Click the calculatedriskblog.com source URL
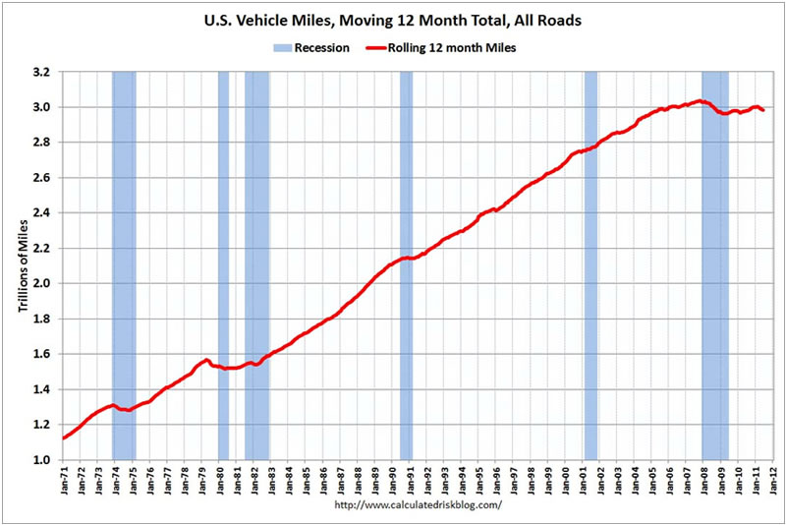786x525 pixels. pos(419,505)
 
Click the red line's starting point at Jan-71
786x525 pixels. pos(63,438)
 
